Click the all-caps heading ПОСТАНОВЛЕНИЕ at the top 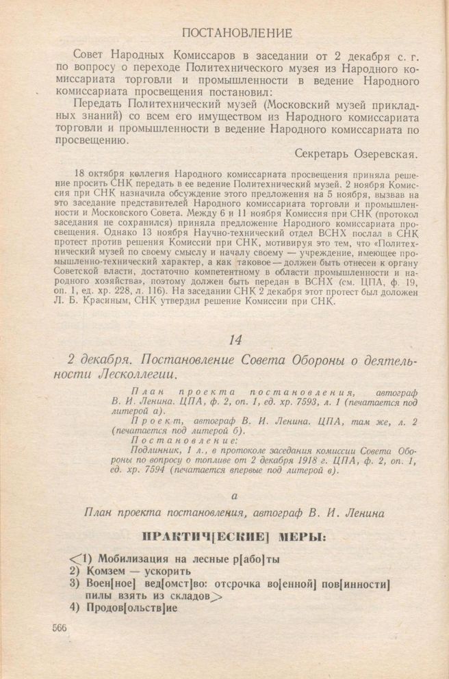[x=238, y=33]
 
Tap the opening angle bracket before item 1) [x=74, y=559]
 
